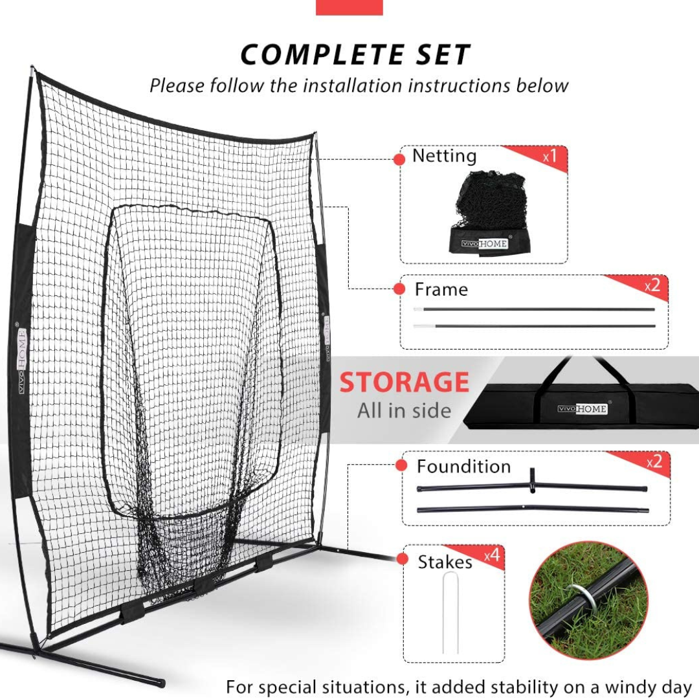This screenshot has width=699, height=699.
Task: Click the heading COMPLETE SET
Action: [355, 54]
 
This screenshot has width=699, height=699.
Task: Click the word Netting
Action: [445, 156]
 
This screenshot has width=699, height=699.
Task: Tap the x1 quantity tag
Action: [549, 156]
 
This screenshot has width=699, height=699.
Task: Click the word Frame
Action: [441, 290]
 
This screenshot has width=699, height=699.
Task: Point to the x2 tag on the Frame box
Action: [652, 285]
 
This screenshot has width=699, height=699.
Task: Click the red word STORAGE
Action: [404, 382]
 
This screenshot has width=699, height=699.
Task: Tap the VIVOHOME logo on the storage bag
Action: [582, 408]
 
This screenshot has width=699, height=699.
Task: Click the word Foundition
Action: [463, 466]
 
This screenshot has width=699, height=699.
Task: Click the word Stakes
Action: [445, 562]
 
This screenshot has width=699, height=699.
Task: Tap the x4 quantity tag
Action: [492, 555]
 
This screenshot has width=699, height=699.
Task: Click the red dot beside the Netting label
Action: [399, 159]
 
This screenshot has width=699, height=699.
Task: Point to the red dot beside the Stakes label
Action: [402, 559]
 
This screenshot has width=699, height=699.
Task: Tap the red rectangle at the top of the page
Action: [349, 8]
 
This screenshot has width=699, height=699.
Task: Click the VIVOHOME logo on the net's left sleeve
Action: [21, 361]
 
